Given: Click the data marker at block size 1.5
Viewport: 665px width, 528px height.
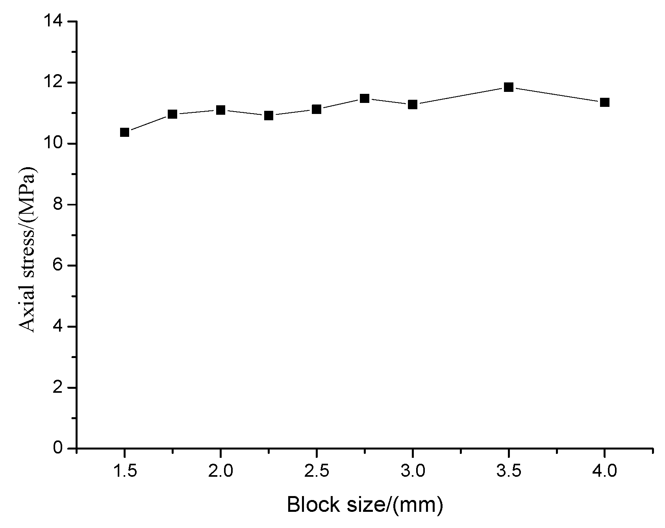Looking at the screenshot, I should pos(125,132).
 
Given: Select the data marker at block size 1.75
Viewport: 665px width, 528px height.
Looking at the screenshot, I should pos(172,114).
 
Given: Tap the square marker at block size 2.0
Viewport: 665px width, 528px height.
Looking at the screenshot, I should pos(220,110).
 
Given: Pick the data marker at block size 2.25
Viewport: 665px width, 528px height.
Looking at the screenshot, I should pos(269,116).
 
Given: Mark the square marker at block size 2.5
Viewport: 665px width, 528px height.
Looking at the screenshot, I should pos(317,109).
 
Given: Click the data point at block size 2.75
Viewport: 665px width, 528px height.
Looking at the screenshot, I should pos(365,98).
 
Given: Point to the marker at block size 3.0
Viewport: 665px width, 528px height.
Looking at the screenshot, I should pos(413,104).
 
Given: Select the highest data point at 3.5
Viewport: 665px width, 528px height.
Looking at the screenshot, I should pos(509,87).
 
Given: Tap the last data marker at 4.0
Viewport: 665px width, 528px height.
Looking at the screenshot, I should pos(605,103).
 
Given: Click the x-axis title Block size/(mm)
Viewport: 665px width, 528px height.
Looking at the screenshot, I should pos(365,505).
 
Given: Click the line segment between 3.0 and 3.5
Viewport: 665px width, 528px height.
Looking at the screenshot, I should pos(461,96).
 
